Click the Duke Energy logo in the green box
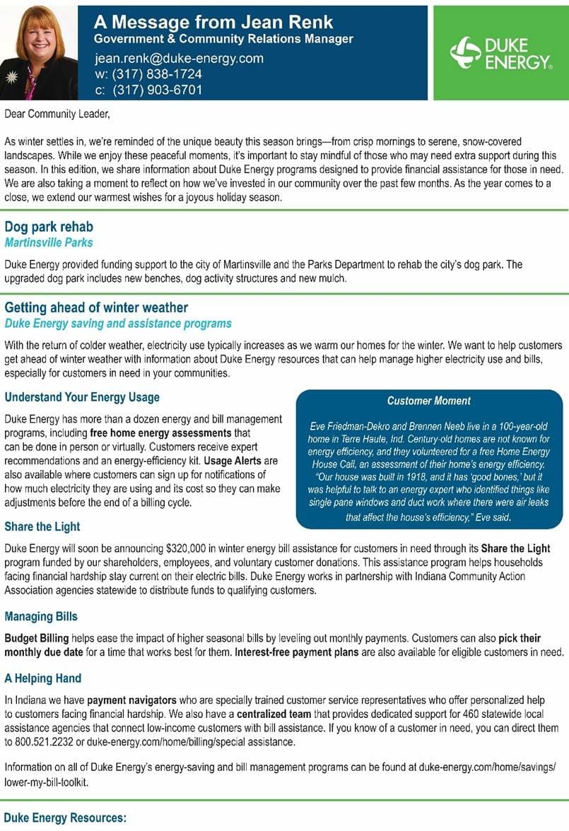[x=501, y=54]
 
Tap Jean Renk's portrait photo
[x=39, y=53]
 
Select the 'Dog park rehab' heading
[x=49, y=228]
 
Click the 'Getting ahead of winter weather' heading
[x=96, y=308]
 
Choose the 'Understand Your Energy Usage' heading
[x=82, y=397]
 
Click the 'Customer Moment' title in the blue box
[x=429, y=401]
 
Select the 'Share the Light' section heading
[x=42, y=526]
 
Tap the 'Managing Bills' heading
[x=41, y=616]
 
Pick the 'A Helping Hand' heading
[x=43, y=678]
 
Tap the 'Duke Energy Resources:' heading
[x=64, y=818]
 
